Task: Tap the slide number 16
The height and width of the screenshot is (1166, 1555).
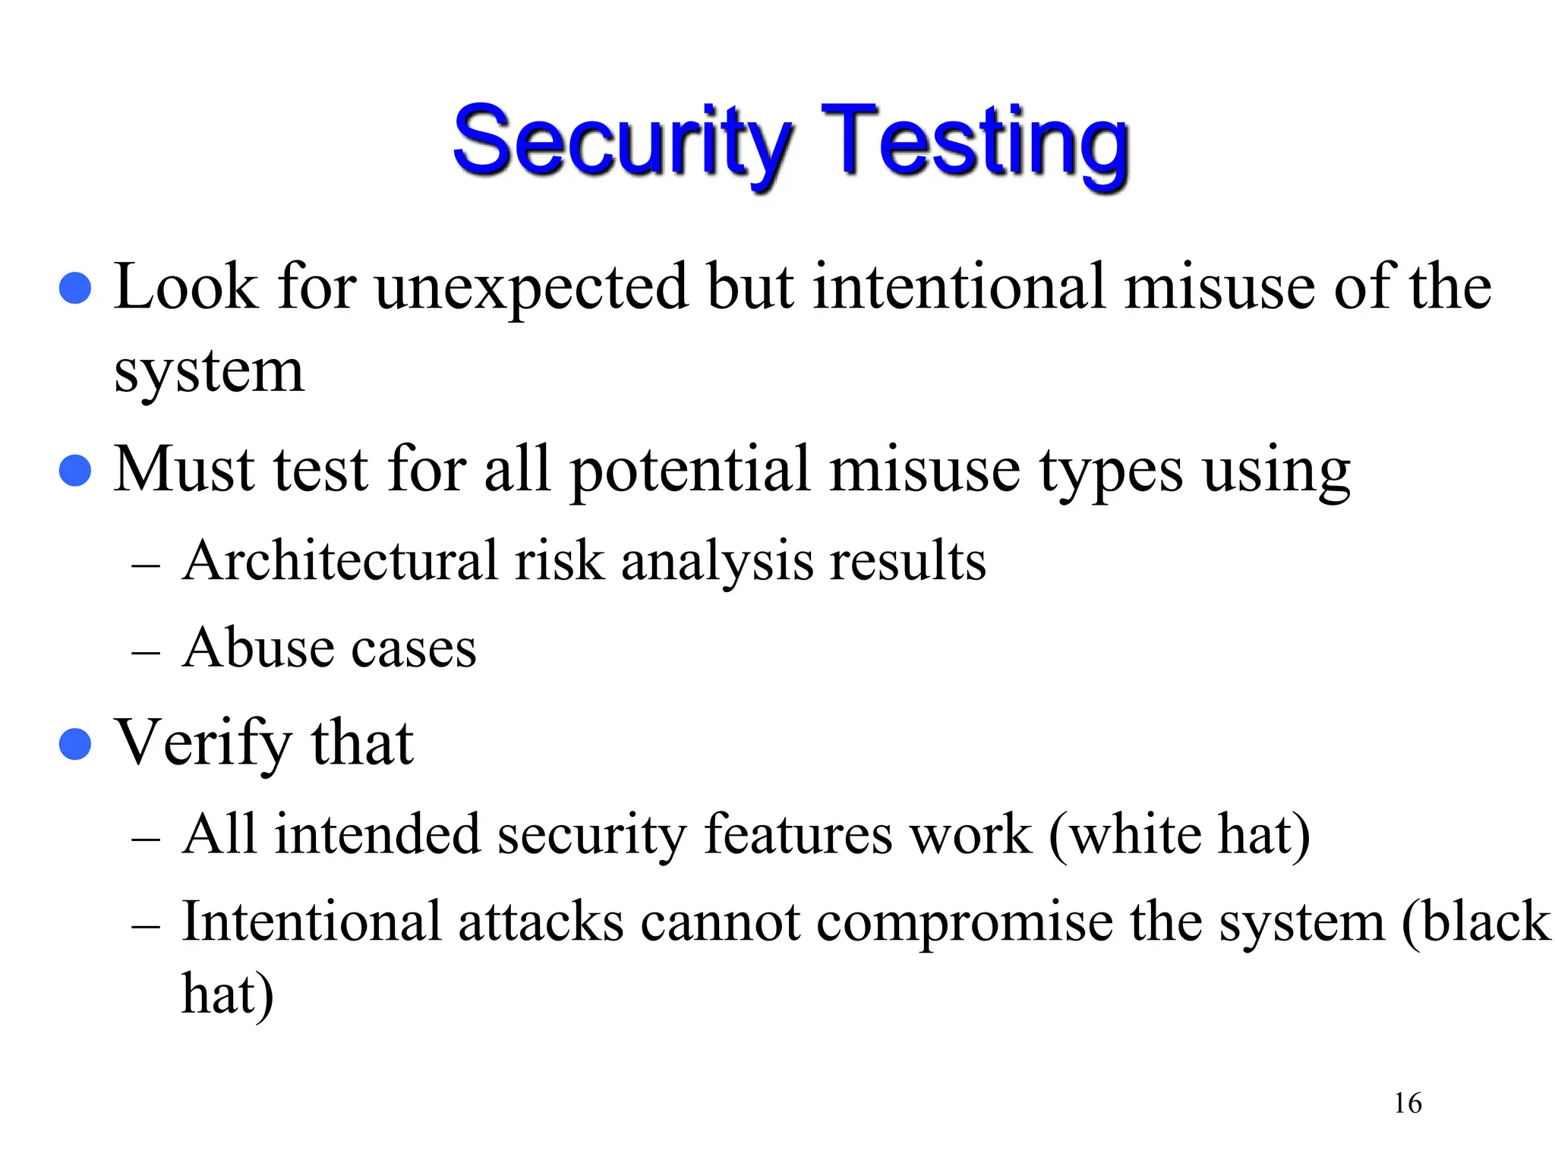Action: click(x=1407, y=1103)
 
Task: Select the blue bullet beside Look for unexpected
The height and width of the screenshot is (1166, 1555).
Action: click(x=75, y=288)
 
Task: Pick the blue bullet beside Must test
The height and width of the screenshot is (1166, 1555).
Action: click(x=75, y=471)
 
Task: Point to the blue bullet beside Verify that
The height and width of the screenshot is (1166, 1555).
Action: click(x=75, y=744)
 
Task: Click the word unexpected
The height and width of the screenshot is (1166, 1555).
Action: click(x=531, y=288)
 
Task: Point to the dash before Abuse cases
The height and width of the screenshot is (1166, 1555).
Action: click(x=145, y=652)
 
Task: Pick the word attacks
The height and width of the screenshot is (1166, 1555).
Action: click(x=541, y=923)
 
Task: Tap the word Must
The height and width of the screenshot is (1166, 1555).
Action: click(x=183, y=471)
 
